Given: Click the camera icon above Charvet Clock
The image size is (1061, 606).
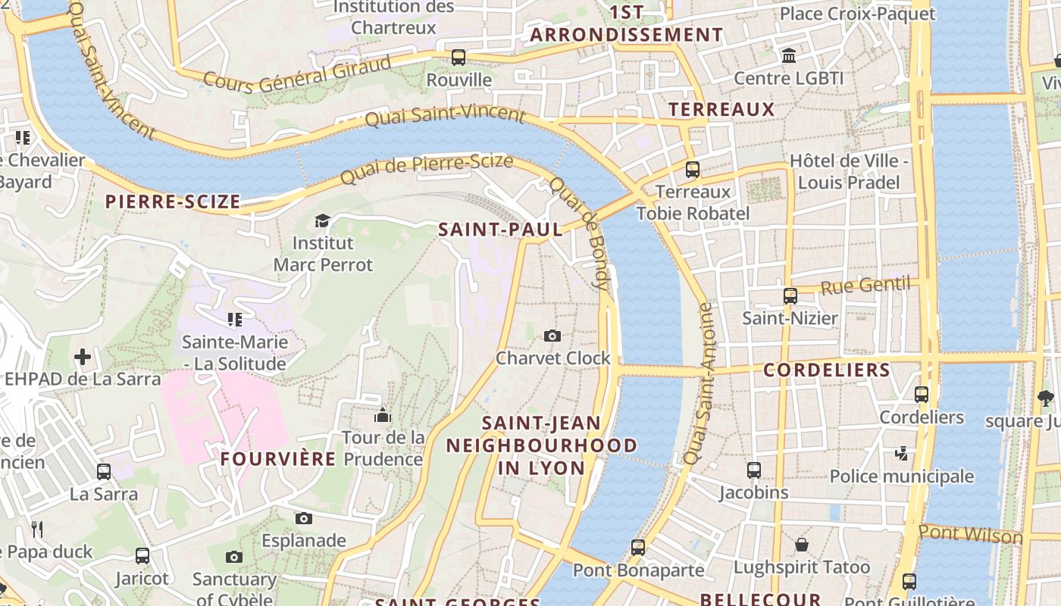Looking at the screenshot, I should (552, 336).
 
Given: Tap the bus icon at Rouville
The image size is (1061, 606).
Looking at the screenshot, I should (459, 57).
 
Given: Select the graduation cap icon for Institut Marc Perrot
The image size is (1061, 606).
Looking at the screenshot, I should (323, 220).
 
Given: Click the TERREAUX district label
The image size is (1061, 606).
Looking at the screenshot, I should (721, 110).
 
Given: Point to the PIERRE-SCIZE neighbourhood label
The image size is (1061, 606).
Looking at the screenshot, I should (173, 201).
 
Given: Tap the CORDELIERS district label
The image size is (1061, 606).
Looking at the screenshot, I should (826, 370).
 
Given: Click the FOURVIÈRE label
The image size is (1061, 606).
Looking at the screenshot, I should (278, 459).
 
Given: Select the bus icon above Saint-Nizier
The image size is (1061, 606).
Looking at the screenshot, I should (790, 295).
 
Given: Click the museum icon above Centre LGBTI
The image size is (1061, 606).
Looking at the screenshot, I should (789, 55).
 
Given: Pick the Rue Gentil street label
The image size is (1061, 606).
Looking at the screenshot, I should (865, 286).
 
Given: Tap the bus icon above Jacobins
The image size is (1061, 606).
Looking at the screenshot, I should (753, 470).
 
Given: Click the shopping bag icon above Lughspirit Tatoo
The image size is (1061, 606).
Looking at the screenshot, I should (801, 545).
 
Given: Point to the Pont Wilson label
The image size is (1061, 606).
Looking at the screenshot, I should (970, 534).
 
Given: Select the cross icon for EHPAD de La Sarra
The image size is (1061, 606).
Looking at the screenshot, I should (83, 356).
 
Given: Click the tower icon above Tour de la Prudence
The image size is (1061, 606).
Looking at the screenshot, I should (383, 415).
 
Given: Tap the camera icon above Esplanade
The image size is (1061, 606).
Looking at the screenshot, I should (304, 518).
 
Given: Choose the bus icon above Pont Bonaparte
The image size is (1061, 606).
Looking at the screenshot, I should (638, 547).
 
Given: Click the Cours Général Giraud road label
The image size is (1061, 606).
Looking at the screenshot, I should (298, 75).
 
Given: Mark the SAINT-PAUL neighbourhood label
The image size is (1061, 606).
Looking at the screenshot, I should (501, 230).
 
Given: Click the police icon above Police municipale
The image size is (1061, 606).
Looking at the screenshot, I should (901, 453).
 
